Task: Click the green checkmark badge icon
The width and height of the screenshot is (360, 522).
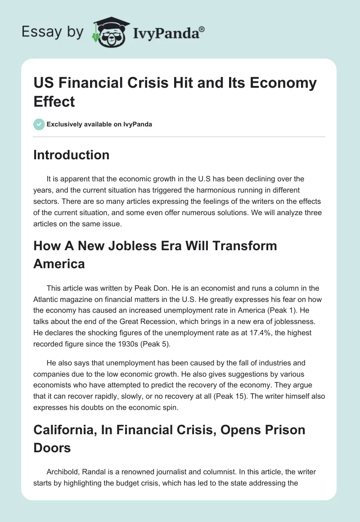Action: click(x=39, y=124)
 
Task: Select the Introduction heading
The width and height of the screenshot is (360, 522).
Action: click(x=72, y=155)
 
